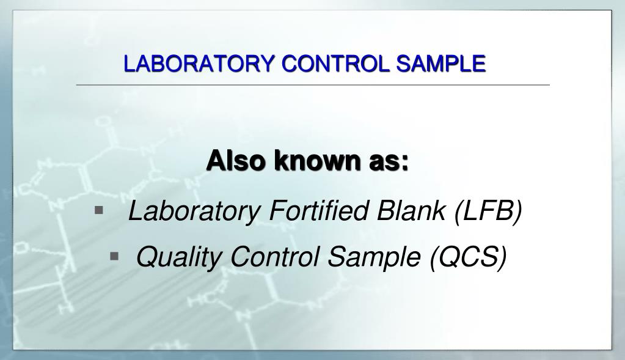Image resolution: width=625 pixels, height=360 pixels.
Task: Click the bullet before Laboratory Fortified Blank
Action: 99,211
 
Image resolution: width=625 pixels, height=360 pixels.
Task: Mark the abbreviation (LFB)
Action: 489,211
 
